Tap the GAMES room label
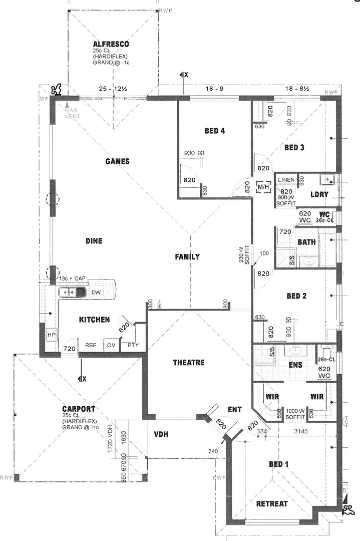tap(118, 161)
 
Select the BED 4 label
tap(214, 131)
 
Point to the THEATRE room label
tap(188, 362)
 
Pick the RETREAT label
tap(272, 503)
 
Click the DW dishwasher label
tap(96, 292)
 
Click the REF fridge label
tap(91, 345)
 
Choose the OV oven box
tap(111, 345)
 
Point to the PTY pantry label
tap(133, 345)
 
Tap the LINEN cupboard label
tap(286, 180)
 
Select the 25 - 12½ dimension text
tap(113, 89)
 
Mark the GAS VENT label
tap(72, 113)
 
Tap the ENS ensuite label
tap(295, 365)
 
